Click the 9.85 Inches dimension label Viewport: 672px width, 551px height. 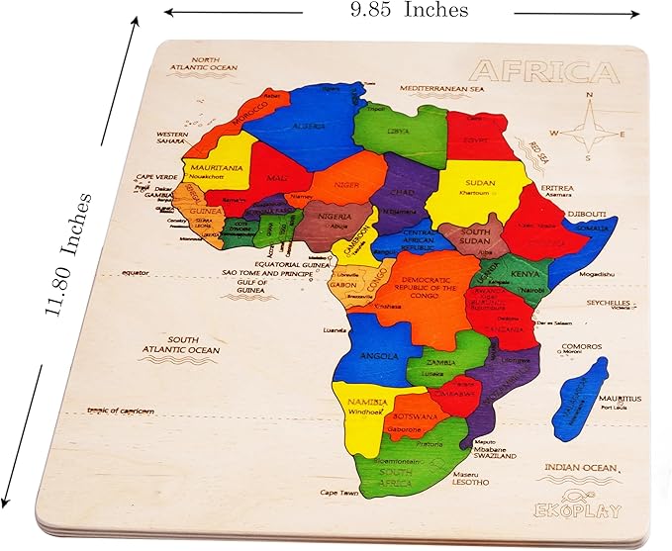tap(408, 11)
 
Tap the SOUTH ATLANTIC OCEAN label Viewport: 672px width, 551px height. tap(192, 344)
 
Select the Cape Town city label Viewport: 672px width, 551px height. tap(336, 492)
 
